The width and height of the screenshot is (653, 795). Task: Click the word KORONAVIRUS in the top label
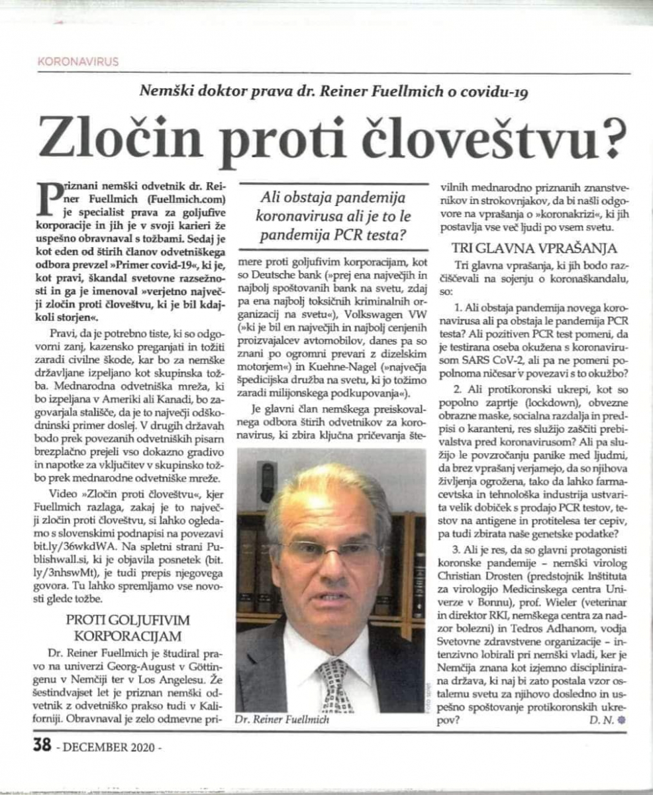click(79, 62)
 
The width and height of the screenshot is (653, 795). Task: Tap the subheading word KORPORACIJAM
click(128, 637)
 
